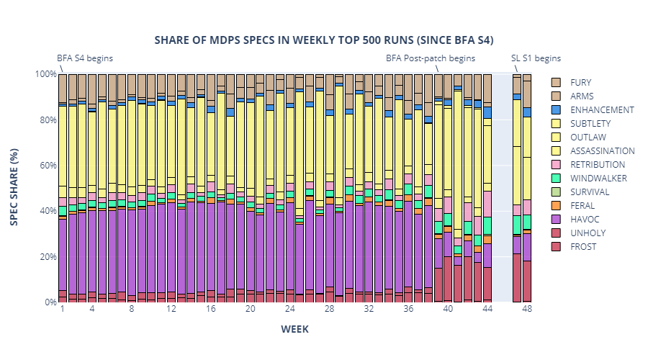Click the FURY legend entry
(x=580, y=83)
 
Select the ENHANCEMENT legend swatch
(x=557, y=110)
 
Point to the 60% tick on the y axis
(x=47, y=166)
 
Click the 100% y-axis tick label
(x=45, y=74)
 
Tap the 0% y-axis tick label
(x=50, y=302)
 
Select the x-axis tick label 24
(x=289, y=309)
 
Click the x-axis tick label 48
(x=527, y=309)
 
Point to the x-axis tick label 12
(x=171, y=309)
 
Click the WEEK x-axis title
(x=294, y=329)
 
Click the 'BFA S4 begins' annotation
(x=85, y=58)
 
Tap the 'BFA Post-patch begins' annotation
(x=431, y=58)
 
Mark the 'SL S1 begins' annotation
(x=536, y=58)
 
